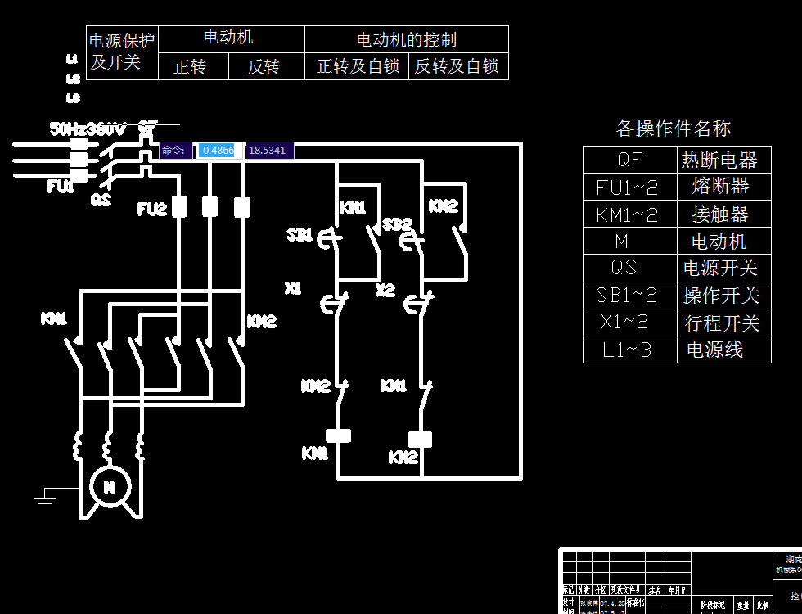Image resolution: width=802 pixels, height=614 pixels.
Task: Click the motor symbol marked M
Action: point(108,486)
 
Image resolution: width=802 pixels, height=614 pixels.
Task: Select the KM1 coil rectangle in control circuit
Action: point(338,436)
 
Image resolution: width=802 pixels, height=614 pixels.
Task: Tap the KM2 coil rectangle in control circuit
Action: point(420,440)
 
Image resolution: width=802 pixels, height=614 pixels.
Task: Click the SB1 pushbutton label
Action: point(300,235)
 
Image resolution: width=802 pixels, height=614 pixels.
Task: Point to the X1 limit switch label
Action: point(293,288)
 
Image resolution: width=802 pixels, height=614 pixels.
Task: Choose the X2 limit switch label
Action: point(385,290)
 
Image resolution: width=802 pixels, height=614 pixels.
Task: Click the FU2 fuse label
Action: point(151,210)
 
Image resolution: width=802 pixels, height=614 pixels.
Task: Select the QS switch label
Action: point(101,199)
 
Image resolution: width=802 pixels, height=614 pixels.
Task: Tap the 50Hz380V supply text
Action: point(88,129)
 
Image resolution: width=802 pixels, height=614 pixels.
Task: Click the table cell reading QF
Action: point(630,160)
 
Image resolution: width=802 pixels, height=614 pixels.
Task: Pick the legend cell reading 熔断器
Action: point(720,187)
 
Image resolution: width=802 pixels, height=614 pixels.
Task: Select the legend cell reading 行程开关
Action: point(723,323)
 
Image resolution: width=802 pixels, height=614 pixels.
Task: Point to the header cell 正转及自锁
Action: point(358,67)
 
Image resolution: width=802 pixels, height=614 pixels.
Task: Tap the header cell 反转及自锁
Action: point(457,67)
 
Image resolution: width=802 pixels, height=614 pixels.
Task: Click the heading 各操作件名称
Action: point(673,128)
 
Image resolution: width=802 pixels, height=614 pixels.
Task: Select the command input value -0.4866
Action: point(217,151)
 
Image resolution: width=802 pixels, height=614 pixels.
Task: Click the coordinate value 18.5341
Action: point(268,151)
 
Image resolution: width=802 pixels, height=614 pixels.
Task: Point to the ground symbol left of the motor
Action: point(47,494)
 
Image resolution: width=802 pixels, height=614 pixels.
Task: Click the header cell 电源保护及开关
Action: point(122,52)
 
